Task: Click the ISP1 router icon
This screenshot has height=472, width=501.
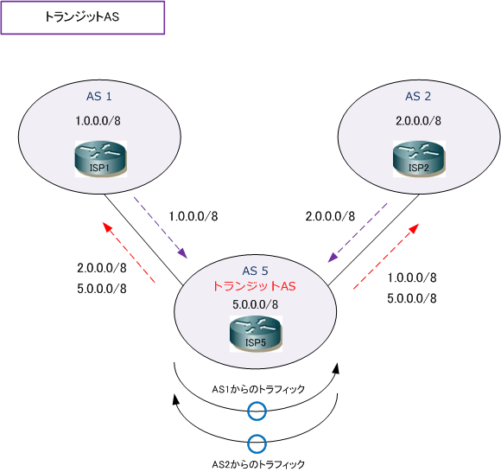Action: [101, 158]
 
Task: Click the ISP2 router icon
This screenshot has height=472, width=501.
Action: [419, 158]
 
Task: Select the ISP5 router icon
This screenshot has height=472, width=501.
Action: [256, 334]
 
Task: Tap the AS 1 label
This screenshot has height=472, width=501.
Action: [99, 96]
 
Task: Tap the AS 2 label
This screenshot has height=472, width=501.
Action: [418, 96]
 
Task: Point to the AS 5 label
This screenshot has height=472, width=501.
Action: [255, 271]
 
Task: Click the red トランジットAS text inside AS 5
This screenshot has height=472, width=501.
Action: [254, 286]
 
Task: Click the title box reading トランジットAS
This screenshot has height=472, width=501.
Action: [83, 17]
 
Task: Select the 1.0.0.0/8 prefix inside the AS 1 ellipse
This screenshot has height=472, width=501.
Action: [98, 121]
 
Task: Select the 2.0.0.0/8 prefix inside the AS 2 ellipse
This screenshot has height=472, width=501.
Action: [418, 121]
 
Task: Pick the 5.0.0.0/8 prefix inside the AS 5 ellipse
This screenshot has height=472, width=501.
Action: [255, 304]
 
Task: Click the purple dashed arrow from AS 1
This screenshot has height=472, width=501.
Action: [161, 227]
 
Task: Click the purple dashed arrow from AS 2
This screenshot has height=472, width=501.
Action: [358, 233]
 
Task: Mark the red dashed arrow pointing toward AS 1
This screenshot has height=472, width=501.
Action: [129, 252]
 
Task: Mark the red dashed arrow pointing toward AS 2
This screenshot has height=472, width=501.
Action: [386, 256]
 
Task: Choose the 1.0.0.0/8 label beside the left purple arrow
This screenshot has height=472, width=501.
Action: [193, 216]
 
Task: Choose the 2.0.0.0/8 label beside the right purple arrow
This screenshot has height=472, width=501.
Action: [330, 216]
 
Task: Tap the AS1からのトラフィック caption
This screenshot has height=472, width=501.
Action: [258, 389]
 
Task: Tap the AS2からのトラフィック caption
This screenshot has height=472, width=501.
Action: [258, 464]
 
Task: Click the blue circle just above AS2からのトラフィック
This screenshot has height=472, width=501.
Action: [257, 435]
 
